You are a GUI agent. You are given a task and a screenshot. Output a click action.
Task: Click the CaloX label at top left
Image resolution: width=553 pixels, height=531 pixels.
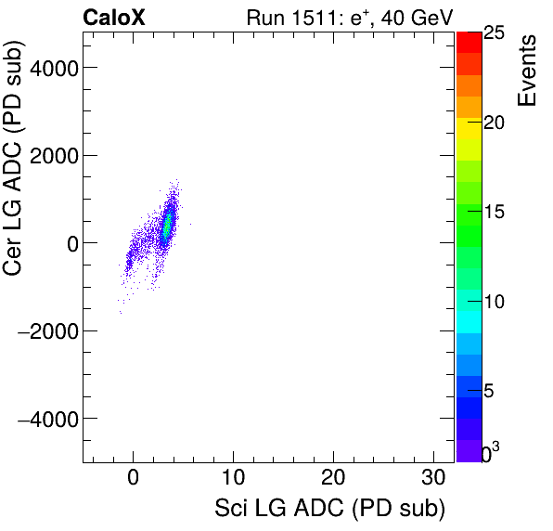[x=114, y=17]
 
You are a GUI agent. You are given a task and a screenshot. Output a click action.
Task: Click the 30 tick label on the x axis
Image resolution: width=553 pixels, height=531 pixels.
[x=433, y=479]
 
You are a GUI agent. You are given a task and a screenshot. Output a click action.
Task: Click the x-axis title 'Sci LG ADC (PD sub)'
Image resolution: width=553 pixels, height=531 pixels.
[x=329, y=509]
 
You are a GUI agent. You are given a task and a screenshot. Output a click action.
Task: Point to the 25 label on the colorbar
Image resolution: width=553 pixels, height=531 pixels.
[x=494, y=33]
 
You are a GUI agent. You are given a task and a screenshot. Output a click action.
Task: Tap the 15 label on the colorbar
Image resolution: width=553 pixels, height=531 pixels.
[x=494, y=213]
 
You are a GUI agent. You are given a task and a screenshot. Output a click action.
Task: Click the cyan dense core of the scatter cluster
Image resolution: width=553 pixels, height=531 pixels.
[x=168, y=225]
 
